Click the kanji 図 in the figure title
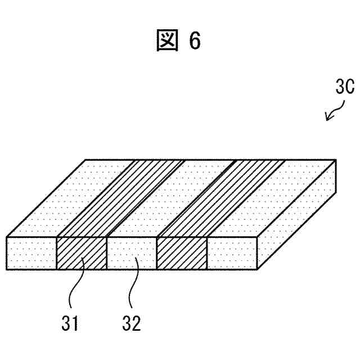[167, 41]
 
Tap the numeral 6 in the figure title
[195, 41]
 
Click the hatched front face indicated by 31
[82, 254]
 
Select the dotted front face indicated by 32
[132, 254]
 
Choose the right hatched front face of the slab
[182, 254]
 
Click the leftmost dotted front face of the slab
[31, 254]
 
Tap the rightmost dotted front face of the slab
[232, 254]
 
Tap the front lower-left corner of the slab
[6, 269]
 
